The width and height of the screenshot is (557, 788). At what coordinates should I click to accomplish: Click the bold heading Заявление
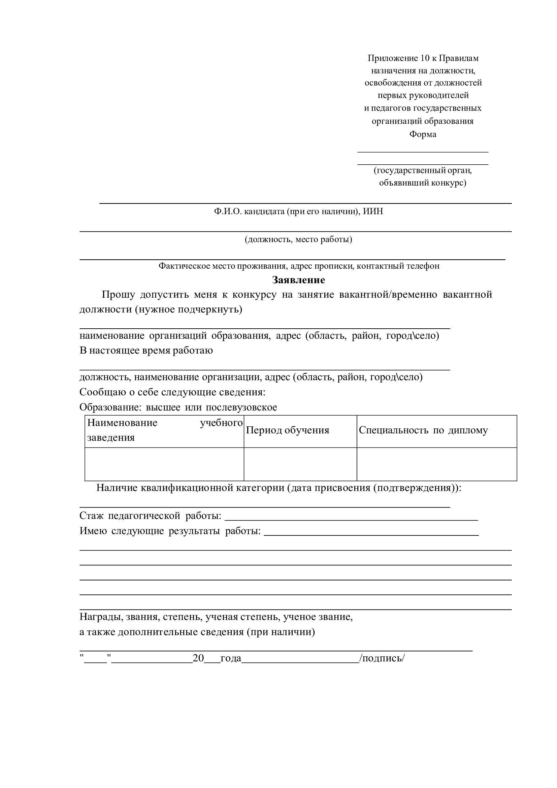[x=298, y=280]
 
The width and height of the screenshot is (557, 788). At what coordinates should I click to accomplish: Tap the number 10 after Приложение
[x=425, y=58]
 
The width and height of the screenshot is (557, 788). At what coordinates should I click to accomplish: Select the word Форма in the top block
[x=423, y=134]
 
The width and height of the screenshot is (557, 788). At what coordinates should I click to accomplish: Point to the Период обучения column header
[x=287, y=430]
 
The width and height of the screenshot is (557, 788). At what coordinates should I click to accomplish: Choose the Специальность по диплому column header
[x=423, y=430]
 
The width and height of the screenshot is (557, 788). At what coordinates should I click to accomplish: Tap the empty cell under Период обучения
[x=300, y=464]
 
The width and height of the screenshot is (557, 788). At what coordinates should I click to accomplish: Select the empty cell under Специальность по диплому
[x=436, y=464]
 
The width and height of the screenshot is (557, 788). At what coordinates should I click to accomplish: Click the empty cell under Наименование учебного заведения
[x=164, y=464]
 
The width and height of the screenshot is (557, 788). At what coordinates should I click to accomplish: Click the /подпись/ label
[x=382, y=658]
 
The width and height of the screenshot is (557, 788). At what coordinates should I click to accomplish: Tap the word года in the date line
[x=231, y=658]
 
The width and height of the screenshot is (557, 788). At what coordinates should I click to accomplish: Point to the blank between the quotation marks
[x=96, y=658]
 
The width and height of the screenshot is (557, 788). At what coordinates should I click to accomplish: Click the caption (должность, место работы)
[x=298, y=239]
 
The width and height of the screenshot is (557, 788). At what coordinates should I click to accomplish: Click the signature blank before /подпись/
[x=300, y=658]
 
